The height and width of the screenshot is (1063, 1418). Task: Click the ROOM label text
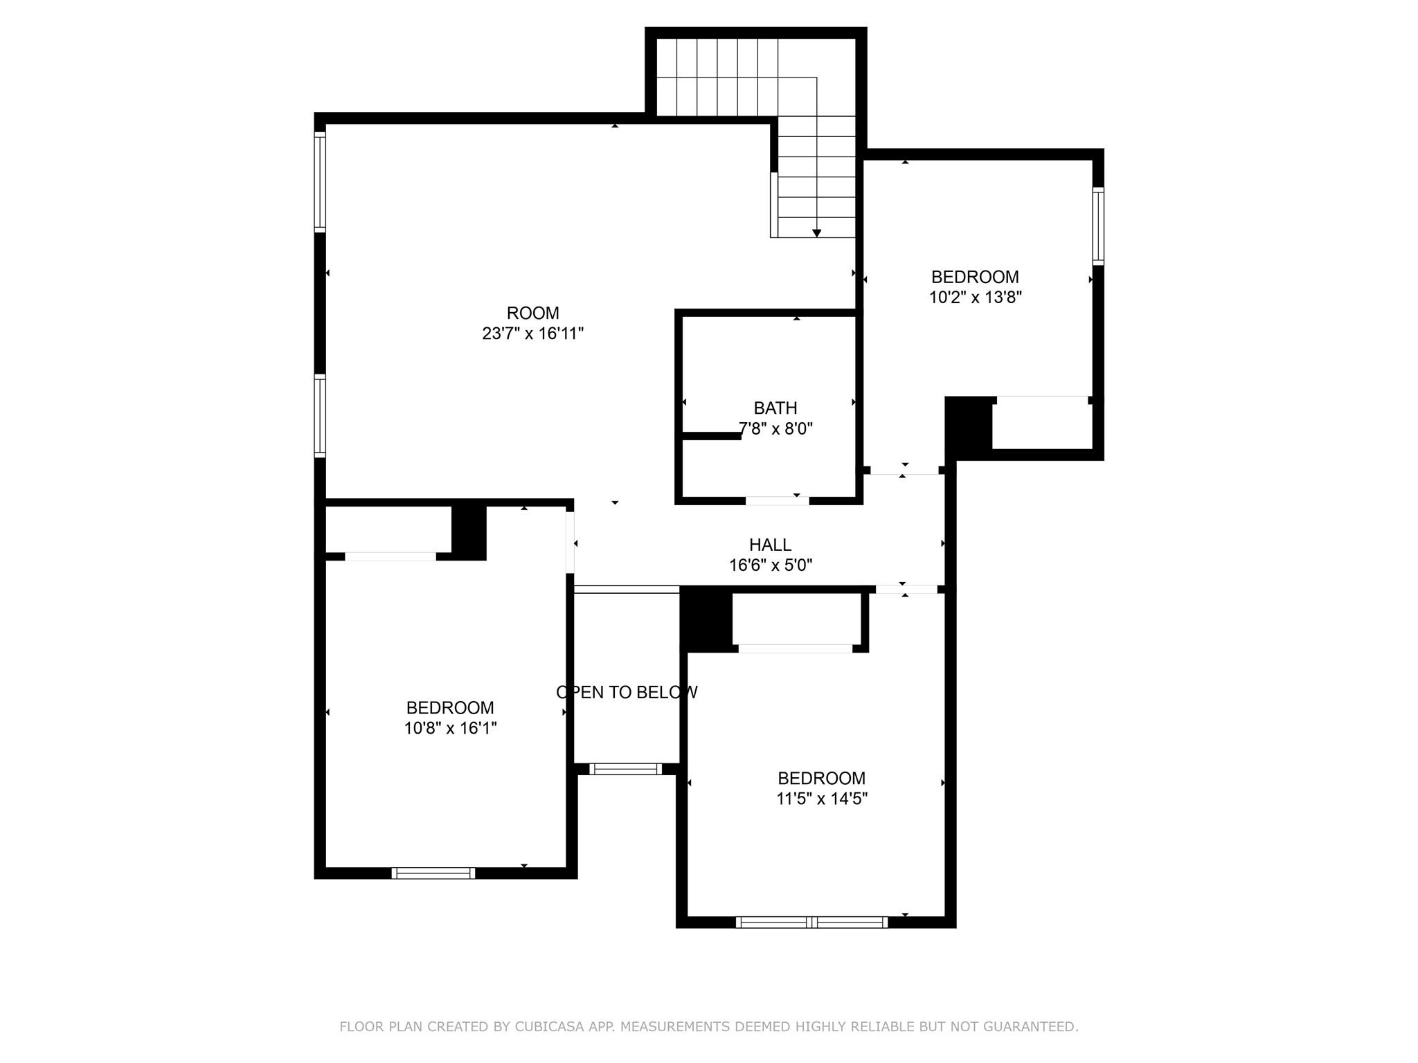coord(532,313)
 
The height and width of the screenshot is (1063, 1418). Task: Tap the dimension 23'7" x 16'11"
coord(532,334)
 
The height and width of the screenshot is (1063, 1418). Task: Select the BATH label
coord(775,408)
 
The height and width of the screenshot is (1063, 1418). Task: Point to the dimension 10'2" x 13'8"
coord(975,298)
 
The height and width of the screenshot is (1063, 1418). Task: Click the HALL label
coord(770,545)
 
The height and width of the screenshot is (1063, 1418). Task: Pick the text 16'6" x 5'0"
coord(770,565)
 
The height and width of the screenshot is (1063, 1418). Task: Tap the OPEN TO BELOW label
coord(627,692)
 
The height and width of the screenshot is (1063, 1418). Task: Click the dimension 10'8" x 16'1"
coord(451,728)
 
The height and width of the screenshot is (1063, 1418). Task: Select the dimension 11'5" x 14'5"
coord(822,799)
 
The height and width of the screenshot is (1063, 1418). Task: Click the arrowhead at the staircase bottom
coord(816,233)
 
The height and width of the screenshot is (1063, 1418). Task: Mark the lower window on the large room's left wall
coord(320,415)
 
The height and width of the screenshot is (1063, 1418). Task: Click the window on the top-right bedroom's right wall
coord(1098,226)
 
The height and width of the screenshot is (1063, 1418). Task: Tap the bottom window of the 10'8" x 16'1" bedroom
coord(433,873)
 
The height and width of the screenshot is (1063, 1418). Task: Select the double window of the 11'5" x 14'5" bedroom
coord(811,922)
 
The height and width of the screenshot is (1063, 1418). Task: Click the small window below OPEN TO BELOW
coord(625,769)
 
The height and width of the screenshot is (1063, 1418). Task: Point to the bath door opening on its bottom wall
coord(777,500)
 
